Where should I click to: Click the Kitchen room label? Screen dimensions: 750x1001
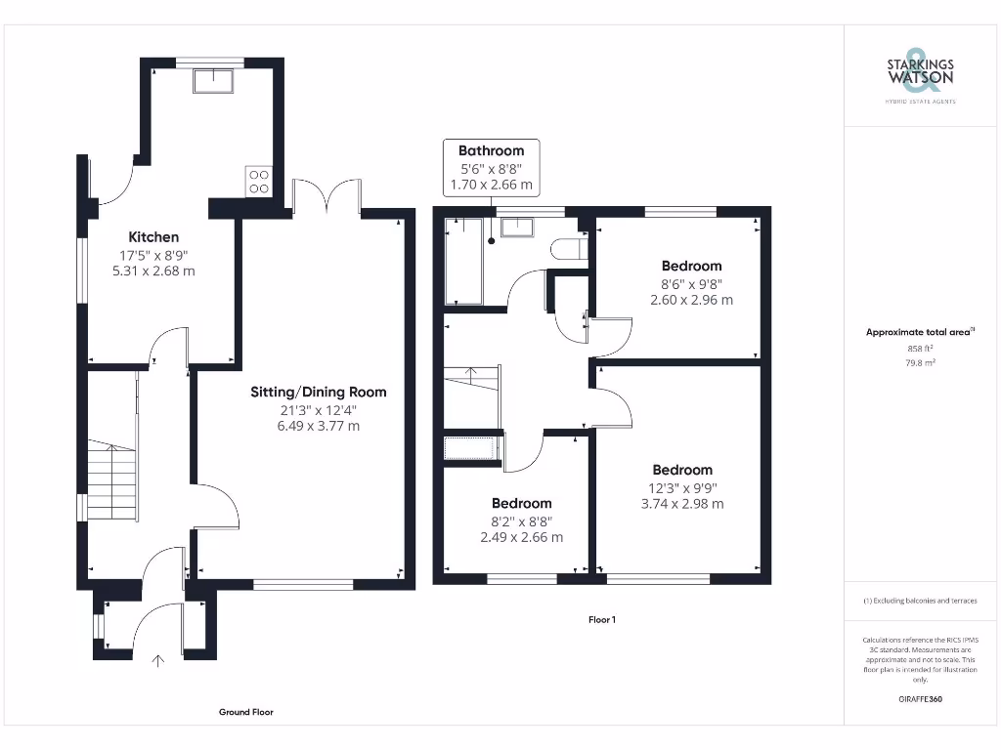(153, 236)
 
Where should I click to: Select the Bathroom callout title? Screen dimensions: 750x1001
(492, 150)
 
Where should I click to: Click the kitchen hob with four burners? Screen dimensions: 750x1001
(259, 182)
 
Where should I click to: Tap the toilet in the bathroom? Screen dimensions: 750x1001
(568, 250)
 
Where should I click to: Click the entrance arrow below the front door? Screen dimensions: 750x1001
(158, 662)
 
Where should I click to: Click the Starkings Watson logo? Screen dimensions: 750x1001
(920, 73)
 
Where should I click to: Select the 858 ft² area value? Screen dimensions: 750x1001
(920, 348)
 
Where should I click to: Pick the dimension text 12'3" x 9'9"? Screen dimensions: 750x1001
(682, 487)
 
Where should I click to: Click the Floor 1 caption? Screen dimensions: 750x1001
(601, 619)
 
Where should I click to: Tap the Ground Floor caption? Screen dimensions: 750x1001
(246, 712)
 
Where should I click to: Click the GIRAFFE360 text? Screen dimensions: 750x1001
(920, 699)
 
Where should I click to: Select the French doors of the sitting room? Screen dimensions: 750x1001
(326, 196)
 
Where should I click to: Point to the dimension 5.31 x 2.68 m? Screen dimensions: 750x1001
(153, 271)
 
